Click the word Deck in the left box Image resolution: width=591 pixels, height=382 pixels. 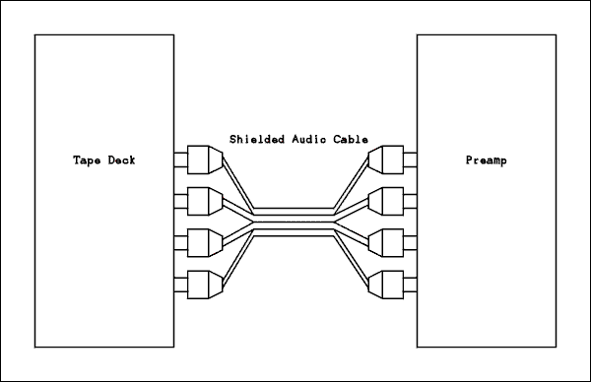pyautogui.click(x=119, y=159)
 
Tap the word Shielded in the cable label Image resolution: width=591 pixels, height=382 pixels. pyautogui.click(x=255, y=139)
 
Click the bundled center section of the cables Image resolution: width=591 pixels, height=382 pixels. pyautogui.click(x=295, y=223)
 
